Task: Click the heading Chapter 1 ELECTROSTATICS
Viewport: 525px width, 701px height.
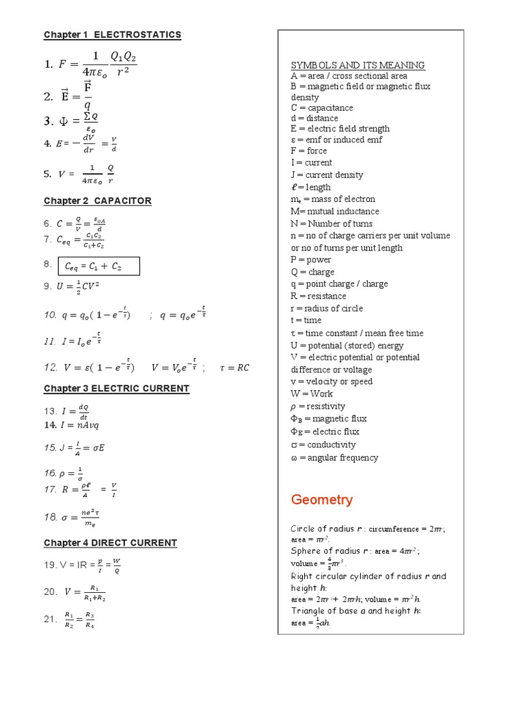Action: coord(112,35)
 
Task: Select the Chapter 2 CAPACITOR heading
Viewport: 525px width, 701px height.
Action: coord(98,201)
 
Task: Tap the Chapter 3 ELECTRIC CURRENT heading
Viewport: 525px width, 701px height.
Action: coord(116,388)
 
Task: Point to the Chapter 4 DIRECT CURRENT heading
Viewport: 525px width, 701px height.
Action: coord(110,543)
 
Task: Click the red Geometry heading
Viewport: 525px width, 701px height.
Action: coord(322,500)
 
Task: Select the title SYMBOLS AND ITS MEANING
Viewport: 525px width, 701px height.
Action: coord(358,65)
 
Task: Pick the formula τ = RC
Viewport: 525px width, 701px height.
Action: coord(234,368)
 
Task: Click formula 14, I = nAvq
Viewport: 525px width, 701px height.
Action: coord(72,425)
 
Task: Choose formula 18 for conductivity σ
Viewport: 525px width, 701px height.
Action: coord(72,518)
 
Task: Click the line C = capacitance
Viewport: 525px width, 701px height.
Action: coord(322,107)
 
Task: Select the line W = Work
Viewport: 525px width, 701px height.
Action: coord(312,394)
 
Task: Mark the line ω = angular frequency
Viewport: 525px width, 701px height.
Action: coord(334,457)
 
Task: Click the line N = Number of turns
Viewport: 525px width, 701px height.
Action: coord(332,223)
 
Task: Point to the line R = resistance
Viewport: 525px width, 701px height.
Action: coord(319,296)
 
